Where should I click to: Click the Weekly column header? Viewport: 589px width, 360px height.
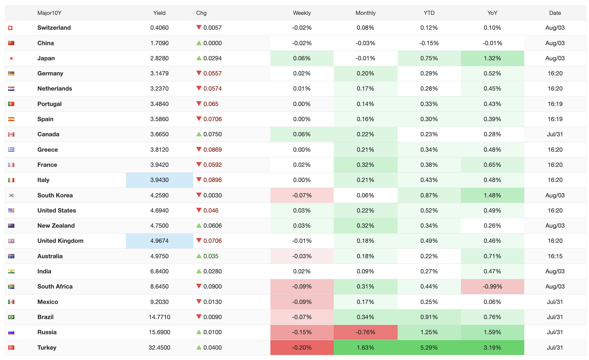click(x=302, y=13)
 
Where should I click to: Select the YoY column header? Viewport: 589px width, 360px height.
click(x=492, y=13)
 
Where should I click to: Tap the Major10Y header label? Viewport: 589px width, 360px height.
click(x=49, y=13)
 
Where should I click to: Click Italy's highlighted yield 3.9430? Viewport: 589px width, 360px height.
click(x=159, y=180)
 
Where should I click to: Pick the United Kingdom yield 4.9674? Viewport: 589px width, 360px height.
click(x=159, y=241)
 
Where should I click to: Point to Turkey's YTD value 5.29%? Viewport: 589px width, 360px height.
click(x=429, y=348)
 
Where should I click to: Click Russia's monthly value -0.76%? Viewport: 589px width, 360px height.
click(x=365, y=332)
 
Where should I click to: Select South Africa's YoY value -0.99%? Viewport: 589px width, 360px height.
click(x=492, y=287)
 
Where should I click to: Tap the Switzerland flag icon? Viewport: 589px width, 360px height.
click(x=10, y=28)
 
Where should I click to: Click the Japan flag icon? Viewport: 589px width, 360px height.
click(x=11, y=58)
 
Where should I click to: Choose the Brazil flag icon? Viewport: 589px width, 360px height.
click(x=11, y=317)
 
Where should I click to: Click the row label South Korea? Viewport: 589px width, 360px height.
click(x=55, y=195)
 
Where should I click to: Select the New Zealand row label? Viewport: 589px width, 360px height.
click(x=56, y=226)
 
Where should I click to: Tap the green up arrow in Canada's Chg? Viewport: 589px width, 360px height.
click(x=199, y=134)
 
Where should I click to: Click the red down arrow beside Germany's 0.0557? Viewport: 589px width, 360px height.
click(x=199, y=73)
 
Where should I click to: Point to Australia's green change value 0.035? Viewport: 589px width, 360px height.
click(x=211, y=256)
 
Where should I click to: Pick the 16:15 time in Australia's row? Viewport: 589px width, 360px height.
click(x=555, y=256)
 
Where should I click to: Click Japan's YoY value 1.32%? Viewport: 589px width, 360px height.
click(x=492, y=58)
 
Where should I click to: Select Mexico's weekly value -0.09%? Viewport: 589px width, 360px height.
click(x=302, y=302)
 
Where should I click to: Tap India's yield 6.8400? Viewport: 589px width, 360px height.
click(x=159, y=271)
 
